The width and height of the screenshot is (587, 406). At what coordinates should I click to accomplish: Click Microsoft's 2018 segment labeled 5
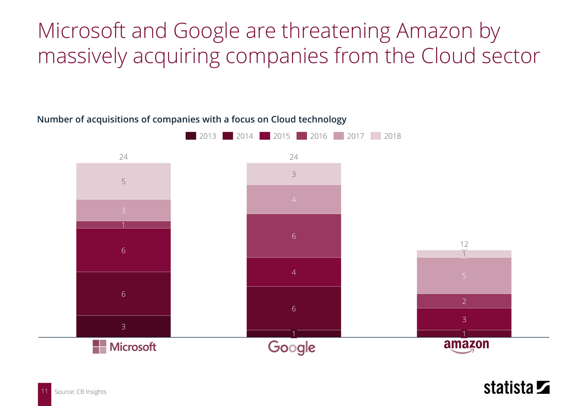pyautogui.click(x=123, y=181)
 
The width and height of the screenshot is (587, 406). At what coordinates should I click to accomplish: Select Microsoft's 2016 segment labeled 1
pyautogui.click(x=123, y=225)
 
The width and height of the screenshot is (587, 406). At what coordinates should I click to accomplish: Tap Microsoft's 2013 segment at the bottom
pyautogui.click(x=123, y=326)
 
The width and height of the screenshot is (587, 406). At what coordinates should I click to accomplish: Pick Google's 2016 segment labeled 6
pyautogui.click(x=294, y=236)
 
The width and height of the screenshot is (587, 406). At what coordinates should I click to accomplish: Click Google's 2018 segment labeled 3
pyautogui.click(x=294, y=174)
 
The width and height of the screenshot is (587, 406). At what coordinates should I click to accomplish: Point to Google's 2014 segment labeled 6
pyautogui.click(x=294, y=308)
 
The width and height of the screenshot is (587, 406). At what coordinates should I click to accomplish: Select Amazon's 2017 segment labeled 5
pyautogui.click(x=464, y=276)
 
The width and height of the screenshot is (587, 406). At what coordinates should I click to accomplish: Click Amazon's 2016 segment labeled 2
pyautogui.click(x=464, y=301)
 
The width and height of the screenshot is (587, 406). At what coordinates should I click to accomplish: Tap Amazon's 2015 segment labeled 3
pyautogui.click(x=464, y=319)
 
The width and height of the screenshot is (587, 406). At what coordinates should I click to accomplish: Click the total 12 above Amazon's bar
pyautogui.click(x=464, y=244)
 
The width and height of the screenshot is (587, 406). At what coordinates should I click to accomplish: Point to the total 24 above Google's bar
pyautogui.click(x=294, y=157)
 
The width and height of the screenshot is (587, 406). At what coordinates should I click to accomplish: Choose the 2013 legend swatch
pyautogui.click(x=191, y=136)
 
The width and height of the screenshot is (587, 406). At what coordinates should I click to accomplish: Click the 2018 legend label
pyautogui.click(x=392, y=136)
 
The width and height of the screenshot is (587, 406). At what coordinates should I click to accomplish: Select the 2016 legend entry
pyautogui.click(x=312, y=136)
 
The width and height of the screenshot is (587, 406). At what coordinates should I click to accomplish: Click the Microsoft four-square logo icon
pyautogui.click(x=99, y=347)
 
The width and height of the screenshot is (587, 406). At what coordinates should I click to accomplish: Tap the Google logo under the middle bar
pyautogui.click(x=292, y=348)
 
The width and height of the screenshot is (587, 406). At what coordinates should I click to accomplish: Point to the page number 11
pyautogui.click(x=44, y=391)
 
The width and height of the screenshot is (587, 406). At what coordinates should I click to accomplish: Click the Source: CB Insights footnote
pyautogui.click(x=80, y=392)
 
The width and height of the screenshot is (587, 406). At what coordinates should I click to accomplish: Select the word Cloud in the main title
pyautogui.click(x=448, y=56)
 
